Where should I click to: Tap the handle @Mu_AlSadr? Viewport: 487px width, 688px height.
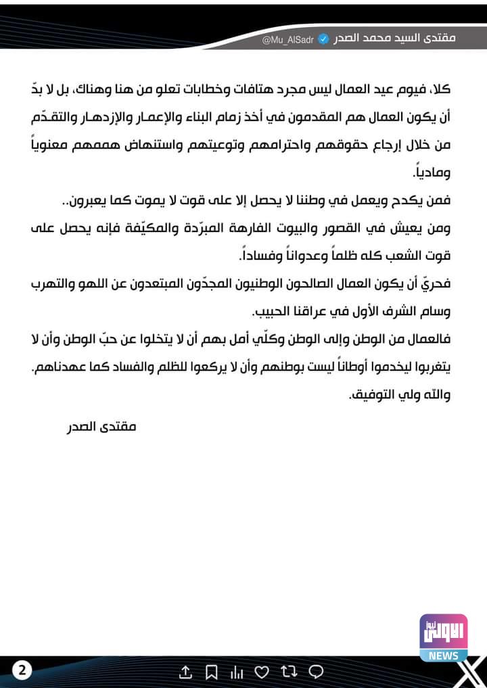coord(287,39)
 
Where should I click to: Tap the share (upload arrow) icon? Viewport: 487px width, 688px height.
coord(185,672)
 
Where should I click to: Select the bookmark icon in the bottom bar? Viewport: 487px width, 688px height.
coord(211,672)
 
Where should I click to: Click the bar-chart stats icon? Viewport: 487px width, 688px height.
coord(237,672)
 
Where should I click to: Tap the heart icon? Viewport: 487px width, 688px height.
coord(262,672)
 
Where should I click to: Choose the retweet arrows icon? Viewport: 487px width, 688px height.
coord(289,672)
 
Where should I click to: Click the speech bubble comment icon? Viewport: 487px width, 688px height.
coord(315,672)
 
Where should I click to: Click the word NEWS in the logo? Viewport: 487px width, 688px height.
coord(443,655)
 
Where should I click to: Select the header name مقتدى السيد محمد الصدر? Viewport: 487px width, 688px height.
coord(396,37)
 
